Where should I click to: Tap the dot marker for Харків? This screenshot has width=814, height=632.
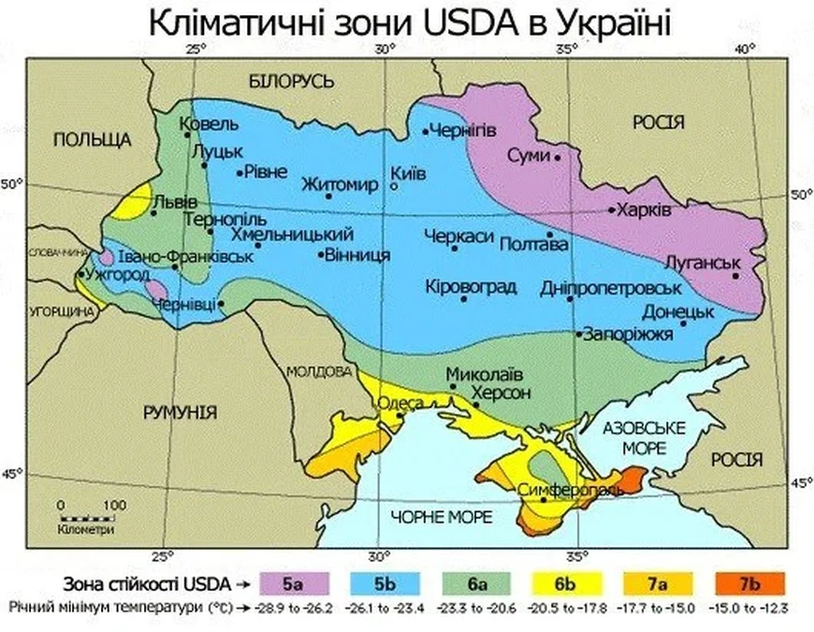(613, 209)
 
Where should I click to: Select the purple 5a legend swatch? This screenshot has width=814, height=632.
(294, 585)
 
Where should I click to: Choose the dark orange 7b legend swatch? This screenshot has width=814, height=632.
(749, 585)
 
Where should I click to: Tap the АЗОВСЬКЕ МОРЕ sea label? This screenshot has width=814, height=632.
(645, 438)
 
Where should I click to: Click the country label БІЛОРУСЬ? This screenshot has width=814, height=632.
(291, 82)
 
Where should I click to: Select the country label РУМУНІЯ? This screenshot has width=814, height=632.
(180, 412)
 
